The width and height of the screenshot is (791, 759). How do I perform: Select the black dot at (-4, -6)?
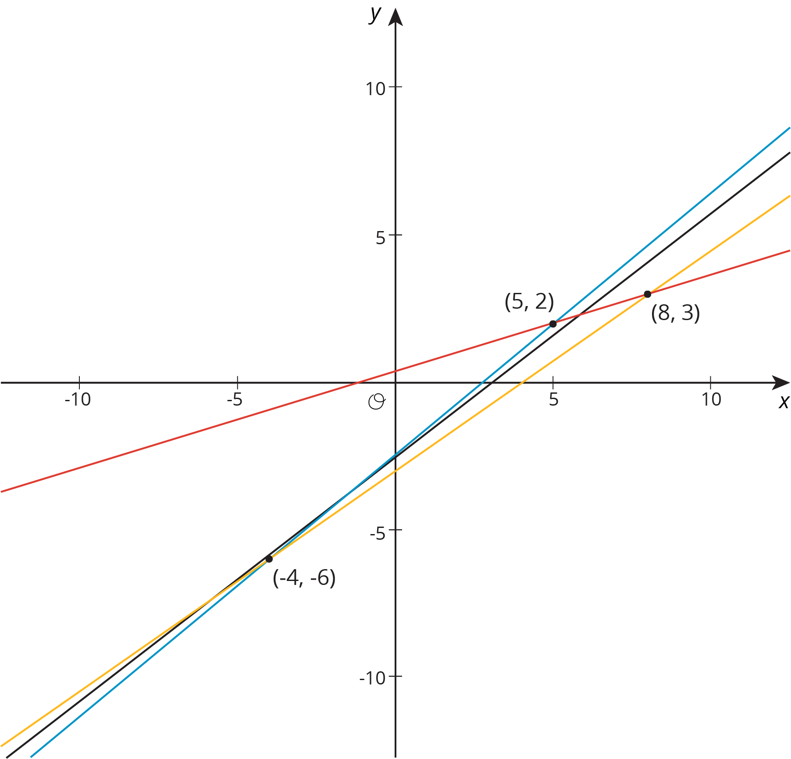point(269,559)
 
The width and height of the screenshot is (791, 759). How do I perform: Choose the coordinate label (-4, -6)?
point(304,578)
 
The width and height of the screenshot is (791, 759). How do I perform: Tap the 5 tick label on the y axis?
point(380,237)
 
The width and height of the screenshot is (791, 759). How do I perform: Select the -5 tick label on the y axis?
point(377,534)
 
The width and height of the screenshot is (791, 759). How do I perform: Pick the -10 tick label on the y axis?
point(372,678)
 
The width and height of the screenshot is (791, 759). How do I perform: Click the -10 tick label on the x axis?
point(78,399)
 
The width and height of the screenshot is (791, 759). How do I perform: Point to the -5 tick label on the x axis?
point(235,399)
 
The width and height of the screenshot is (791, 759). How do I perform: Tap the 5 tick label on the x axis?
point(553,399)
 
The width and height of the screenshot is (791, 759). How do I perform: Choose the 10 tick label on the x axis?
point(711,399)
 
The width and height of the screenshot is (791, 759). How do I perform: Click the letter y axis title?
point(375,14)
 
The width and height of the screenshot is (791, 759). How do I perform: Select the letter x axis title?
point(784,402)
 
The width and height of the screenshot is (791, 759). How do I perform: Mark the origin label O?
point(377,402)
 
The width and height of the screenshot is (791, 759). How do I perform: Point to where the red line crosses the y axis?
point(395,372)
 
